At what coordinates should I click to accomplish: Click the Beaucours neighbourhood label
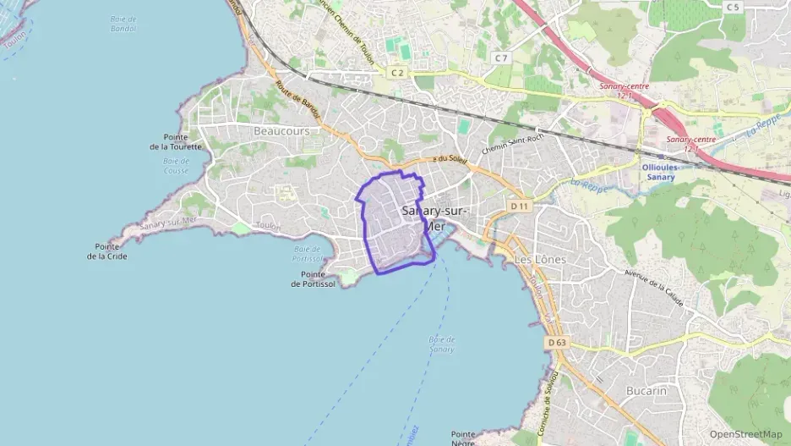pyautogui.click(x=281, y=131)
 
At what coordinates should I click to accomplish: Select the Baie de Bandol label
pyautogui.click(x=123, y=23)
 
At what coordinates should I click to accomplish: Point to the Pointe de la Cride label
pyautogui.click(x=107, y=251)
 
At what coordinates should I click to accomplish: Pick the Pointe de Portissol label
pyautogui.click(x=313, y=279)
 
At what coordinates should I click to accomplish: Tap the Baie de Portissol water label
pyautogui.click(x=308, y=254)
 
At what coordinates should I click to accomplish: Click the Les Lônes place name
pyautogui.click(x=540, y=259)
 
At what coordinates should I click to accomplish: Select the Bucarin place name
pyautogui.click(x=646, y=390)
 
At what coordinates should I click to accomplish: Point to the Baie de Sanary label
pyautogui.click(x=441, y=344)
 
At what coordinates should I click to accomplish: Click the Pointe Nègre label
pyautogui.click(x=464, y=438)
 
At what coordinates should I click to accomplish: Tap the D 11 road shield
pyautogui.click(x=519, y=206)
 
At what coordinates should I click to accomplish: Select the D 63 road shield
pyautogui.click(x=556, y=342)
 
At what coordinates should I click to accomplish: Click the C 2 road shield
pyautogui.click(x=397, y=74)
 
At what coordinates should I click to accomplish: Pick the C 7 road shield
pyautogui.click(x=502, y=58)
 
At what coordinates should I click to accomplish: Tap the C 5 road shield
pyautogui.click(x=732, y=7)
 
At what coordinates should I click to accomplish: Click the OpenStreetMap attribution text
pyautogui.click(x=745, y=434)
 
